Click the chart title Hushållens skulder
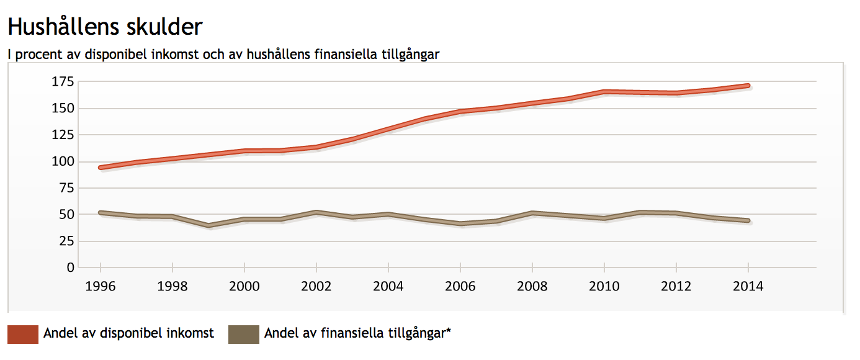(x=105, y=27)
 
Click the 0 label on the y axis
(x=71, y=268)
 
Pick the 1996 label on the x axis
(x=101, y=286)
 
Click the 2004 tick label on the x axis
(x=388, y=286)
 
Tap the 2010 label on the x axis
(x=604, y=286)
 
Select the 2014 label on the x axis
(x=748, y=286)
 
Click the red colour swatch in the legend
(x=23, y=334)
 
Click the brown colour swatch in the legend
(x=244, y=334)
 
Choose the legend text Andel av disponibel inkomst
(x=128, y=333)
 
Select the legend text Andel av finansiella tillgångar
(x=357, y=333)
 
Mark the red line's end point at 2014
(x=748, y=86)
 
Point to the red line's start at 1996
(x=101, y=168)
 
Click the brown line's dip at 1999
(x=208, y=225)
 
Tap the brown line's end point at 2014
(x=748, y=220)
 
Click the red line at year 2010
(x=604, y=92)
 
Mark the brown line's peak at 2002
(x=316, y=212)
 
